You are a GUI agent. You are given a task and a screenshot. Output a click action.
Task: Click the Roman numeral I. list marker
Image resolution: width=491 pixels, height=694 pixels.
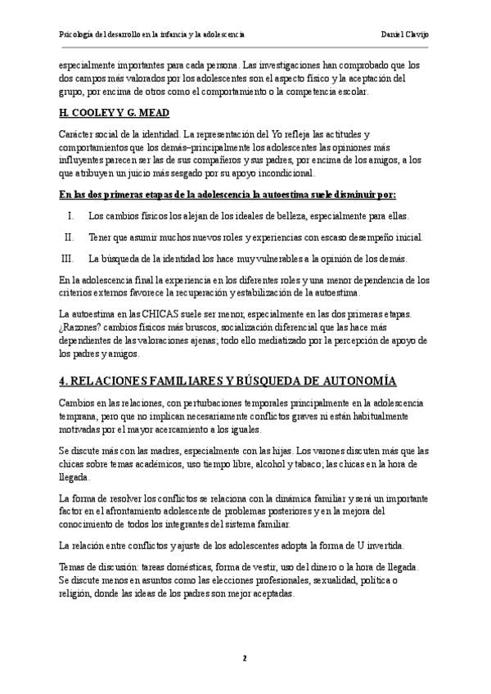point(71,216)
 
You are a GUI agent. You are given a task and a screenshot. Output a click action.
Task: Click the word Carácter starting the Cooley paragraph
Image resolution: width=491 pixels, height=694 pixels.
point(77,133)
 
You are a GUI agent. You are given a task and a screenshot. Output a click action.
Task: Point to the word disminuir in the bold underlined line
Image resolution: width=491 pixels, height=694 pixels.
point(325,196)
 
